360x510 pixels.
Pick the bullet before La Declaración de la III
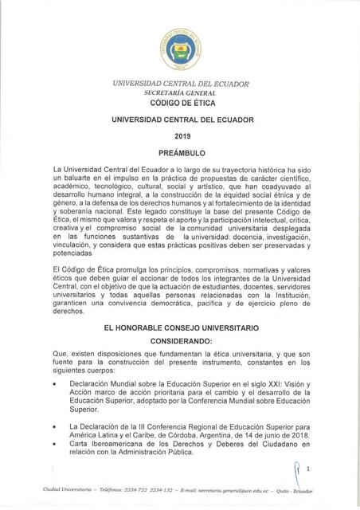tap(53, 428)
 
